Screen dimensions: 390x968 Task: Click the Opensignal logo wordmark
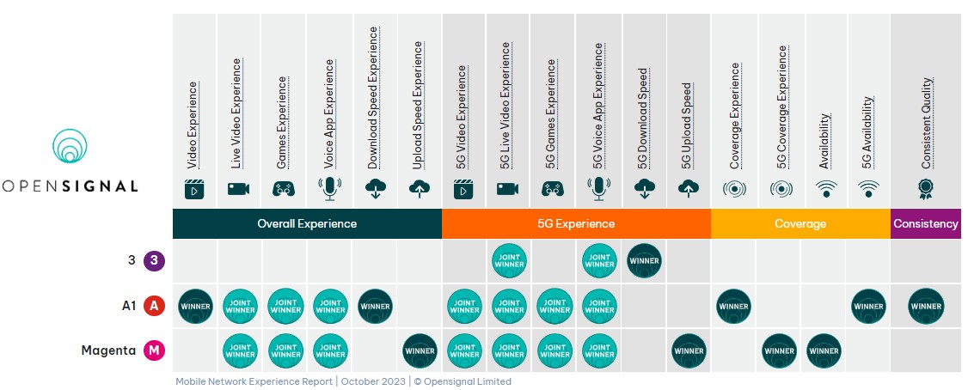point(69,186)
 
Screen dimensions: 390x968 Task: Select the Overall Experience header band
point(307,223)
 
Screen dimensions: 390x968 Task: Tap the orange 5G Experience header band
point(576,223)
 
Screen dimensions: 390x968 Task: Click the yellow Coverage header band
point(800,223)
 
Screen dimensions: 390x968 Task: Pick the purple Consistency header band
point(925,223)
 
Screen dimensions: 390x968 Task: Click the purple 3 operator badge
point(154,260)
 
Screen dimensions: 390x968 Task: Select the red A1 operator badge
point(154,306)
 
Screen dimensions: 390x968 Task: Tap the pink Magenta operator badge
point(154,350)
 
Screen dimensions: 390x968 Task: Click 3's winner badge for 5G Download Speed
point(644,261)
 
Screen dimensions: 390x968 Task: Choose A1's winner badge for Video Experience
point(195,306)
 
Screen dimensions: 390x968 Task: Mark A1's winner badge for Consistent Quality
point(925,306)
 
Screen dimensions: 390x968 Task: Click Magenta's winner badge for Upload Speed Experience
point(420,350)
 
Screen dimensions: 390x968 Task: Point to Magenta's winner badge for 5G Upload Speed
point(689,350)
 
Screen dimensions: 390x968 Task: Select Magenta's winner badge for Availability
point(824,350)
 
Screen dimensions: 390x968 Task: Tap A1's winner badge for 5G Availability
point(868,306)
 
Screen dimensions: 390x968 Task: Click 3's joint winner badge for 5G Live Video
point(509,261)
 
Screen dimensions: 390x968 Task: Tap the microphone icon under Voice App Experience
point(329,188)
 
